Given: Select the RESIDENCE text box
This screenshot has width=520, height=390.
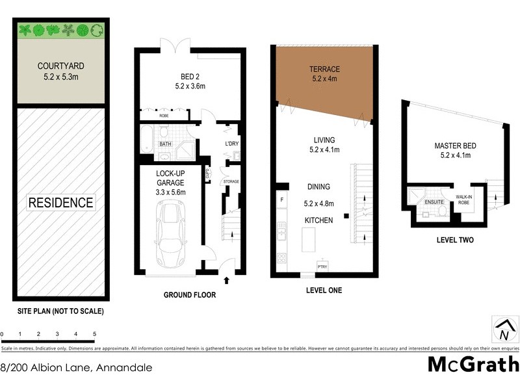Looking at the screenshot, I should (60, 202).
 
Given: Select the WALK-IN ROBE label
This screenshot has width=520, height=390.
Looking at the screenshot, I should (463, 200).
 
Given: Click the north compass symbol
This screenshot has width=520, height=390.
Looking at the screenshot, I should (503, 330).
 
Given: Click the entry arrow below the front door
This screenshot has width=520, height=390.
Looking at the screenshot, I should (226, 281).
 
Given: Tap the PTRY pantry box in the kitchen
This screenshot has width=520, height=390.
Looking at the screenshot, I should (322, 266).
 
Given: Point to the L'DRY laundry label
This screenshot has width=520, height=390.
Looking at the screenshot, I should (232, 143).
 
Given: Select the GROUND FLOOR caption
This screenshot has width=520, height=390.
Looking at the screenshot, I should (189, 295).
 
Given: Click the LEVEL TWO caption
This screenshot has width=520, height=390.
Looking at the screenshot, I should (454, 240).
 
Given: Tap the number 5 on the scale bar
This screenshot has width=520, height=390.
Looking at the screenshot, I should (95, 334).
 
